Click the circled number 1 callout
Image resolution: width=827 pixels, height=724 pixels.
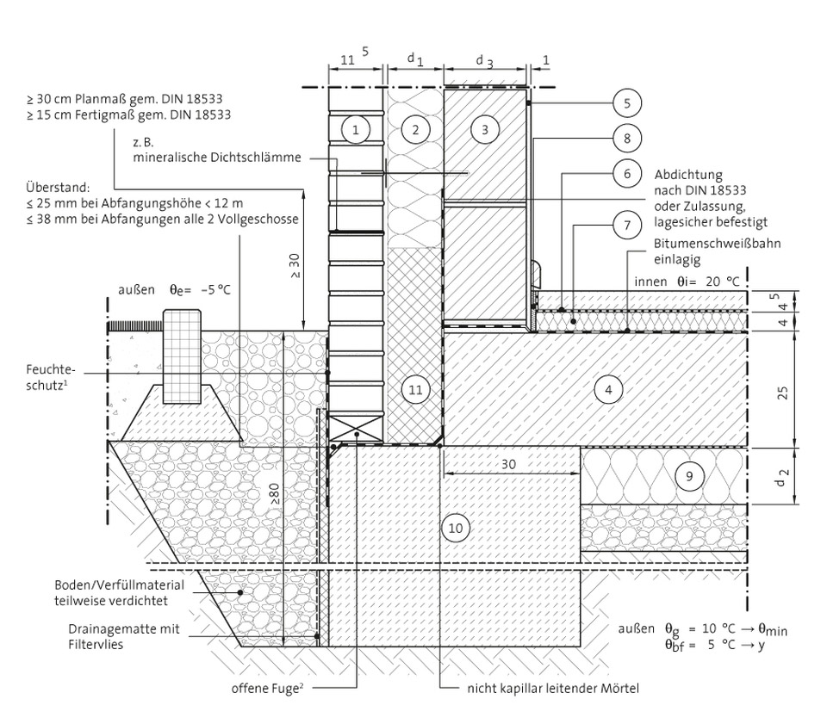[354, 130]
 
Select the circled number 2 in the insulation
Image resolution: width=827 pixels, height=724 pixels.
[415, 130]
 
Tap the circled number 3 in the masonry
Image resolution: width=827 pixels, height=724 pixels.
[485, 130]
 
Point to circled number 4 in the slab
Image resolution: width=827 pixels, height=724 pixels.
[608, 389]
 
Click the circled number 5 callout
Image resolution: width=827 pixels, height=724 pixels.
[627, 103]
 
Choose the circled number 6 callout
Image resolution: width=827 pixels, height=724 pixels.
[627, 173]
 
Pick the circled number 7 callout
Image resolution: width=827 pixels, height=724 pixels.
[627, 226]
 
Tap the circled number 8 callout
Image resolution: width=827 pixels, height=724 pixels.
[627, 137]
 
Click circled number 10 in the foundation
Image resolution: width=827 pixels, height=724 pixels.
[457, 526]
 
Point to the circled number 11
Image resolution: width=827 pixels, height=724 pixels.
[415, 389]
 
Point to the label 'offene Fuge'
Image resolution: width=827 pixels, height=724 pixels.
[263, 688]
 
